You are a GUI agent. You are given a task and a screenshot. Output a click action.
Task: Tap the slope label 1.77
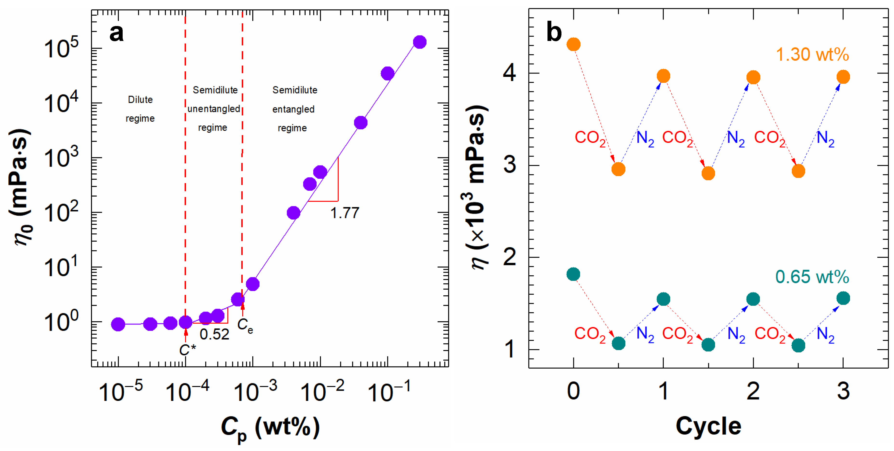[x=344, y=213]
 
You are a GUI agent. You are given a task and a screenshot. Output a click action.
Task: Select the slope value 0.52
[x=214, y=334]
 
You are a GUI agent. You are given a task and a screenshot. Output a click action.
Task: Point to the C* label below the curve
[x=187, y=350]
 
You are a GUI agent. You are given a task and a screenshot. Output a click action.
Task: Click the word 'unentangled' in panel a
[x=214, y=109]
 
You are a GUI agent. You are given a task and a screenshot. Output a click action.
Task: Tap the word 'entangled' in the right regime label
[x=293, y=109]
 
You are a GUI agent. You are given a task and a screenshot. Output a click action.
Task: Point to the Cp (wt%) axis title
[x=270, y=427]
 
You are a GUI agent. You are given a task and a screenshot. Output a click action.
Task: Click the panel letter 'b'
[x=554, y=32]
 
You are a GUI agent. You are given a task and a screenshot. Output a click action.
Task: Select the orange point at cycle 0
[x=573, y=44]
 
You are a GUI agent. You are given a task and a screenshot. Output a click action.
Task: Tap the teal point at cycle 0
[x=573, y=274]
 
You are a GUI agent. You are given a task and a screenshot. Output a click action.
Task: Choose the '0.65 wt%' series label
[x=812, y=277]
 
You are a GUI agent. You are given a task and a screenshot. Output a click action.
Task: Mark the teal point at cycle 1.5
[x=708, y=345]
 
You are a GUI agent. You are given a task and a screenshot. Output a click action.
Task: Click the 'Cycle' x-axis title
[x=708, y=426]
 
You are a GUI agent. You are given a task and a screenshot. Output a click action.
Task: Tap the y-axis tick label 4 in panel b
[x=509, y=73]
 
